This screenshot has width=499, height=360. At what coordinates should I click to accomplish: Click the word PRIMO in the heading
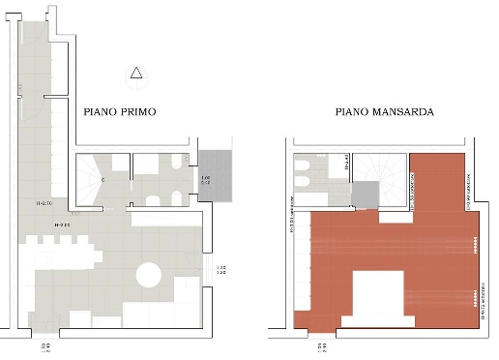pos(136,112)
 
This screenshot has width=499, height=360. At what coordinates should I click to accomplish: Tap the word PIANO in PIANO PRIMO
pos(100,112)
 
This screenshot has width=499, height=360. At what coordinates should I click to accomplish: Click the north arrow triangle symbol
pos(136,72)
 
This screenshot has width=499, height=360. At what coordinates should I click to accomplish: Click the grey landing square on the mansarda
pos(367,196)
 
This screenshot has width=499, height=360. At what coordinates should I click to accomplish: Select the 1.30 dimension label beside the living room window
pos(221,271)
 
